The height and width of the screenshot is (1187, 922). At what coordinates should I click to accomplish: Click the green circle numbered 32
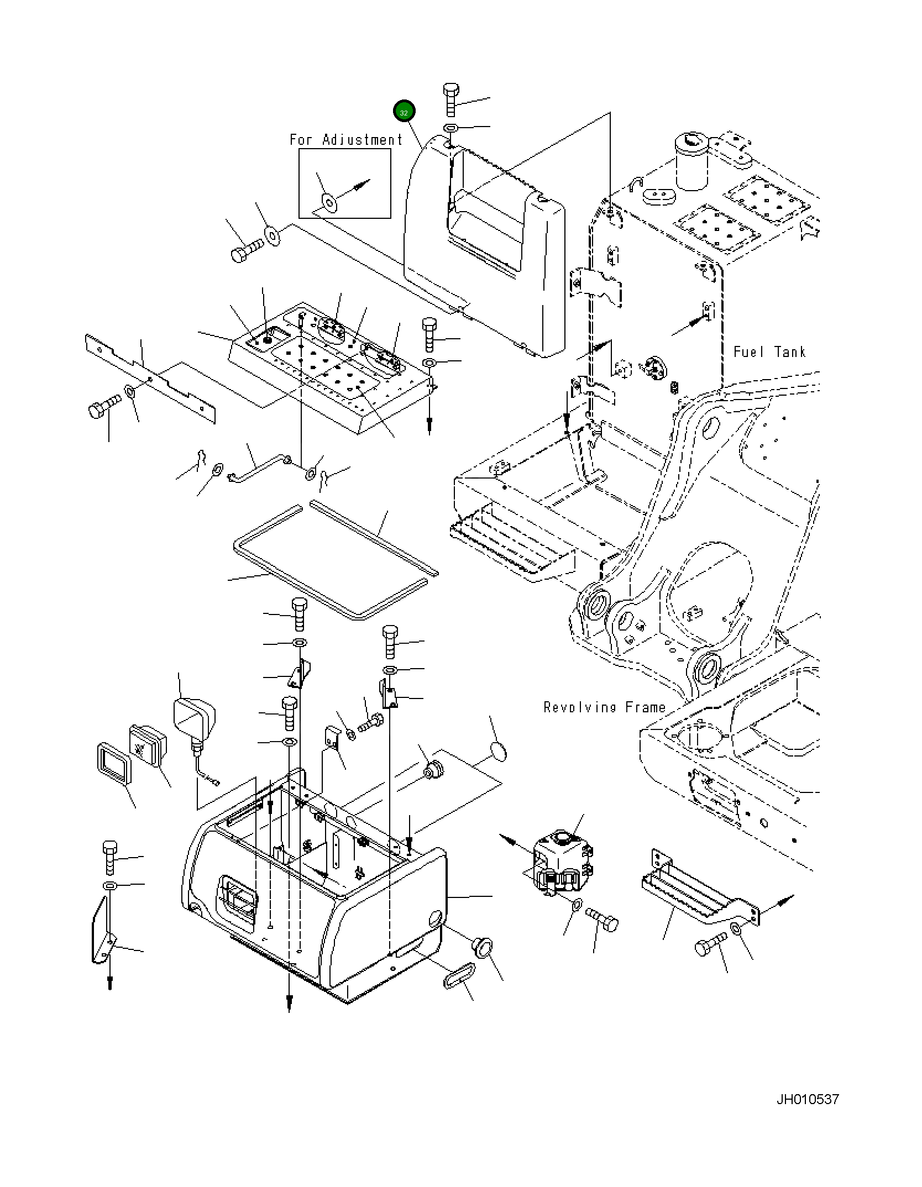(x=404, y=112)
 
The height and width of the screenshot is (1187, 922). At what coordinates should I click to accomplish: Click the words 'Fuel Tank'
(x=769, y=352)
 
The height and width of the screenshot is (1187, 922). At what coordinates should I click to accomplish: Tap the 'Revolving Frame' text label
(x=605, y=707)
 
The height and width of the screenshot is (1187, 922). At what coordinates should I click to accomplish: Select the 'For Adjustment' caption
(x=346, y=140)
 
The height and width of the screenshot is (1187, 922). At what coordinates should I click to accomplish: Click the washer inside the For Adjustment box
(x=330, y=203)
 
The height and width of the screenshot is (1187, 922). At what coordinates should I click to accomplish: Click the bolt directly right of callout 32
(x=450, y=99)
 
